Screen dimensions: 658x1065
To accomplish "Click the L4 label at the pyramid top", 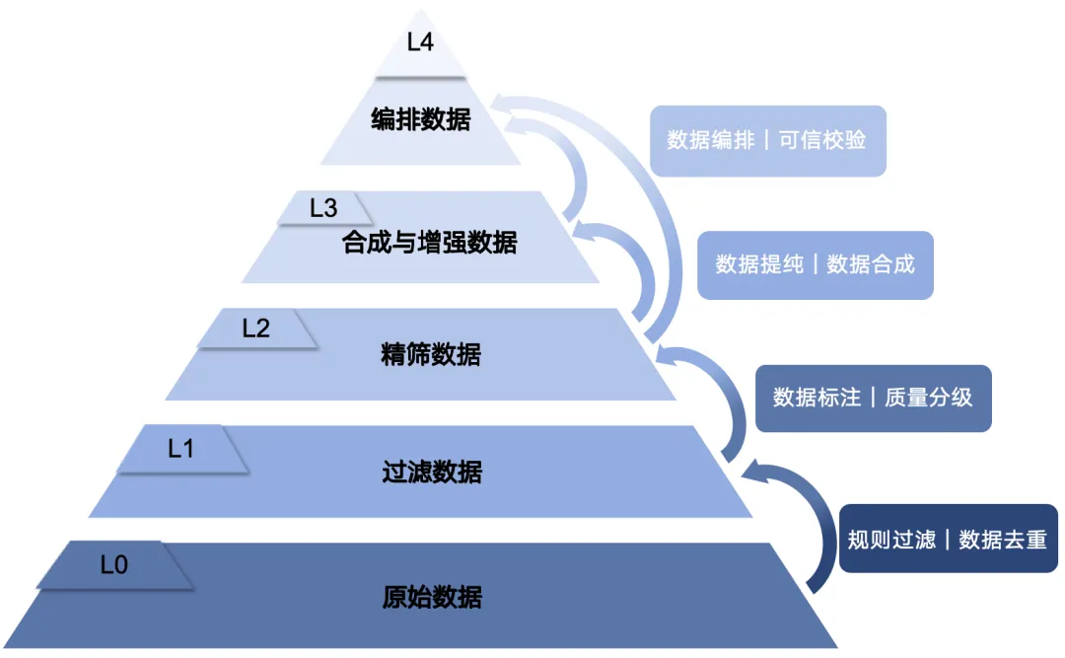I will coord(420,43).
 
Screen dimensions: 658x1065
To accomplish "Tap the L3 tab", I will coord(323,208).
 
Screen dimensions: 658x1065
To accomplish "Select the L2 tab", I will coord(256,329).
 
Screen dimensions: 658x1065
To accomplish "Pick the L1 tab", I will coord(181,449).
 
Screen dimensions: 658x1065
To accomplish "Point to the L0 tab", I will coord(114,566).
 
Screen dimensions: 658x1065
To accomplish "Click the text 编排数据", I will coord(421,120).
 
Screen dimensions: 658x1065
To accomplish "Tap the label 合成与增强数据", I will coord(430,242).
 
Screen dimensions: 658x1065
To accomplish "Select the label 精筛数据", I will coord(431,354).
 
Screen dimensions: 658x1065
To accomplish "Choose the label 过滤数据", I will coord(432,473).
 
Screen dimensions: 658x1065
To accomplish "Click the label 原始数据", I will coord(432,597).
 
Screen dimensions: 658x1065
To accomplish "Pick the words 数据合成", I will coord(871,264).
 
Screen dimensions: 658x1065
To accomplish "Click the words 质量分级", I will coord(929,398).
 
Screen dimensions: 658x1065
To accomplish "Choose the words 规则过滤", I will coord(891,540).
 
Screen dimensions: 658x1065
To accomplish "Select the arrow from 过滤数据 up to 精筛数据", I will coord(725,395).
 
